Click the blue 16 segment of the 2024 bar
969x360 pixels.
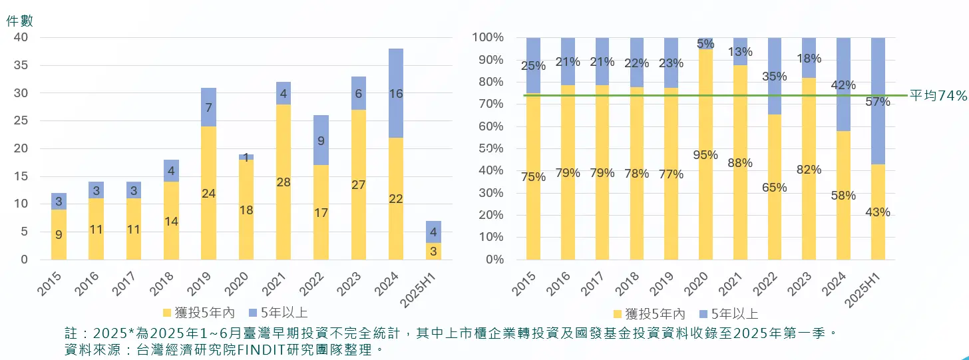[395, 93]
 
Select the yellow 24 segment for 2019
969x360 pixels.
[208, 193]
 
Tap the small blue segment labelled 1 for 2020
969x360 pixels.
[246, 157]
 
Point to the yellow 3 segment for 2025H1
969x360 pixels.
[433, 252]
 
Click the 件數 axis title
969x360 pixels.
[19, 21]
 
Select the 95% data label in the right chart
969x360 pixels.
[705, 155]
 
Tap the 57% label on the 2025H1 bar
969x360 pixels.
[878, 102]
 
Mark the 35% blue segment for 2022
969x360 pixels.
[775, 77]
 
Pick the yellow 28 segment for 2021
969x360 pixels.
[283, 182]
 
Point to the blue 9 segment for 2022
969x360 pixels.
[320, 140]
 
